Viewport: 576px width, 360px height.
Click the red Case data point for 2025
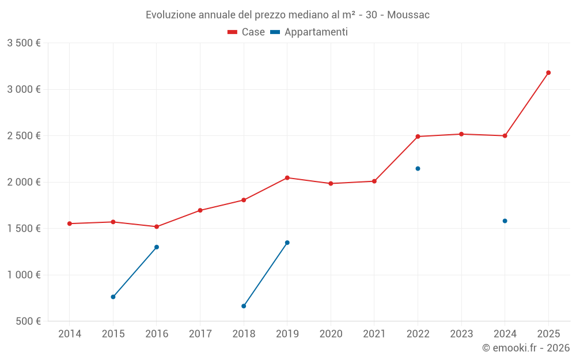[x=548, y=73]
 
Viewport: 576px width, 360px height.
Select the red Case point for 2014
[x=70, y=223]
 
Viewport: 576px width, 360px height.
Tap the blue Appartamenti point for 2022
[x=418, y=169]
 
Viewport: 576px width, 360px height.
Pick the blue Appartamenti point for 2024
[x=505, y=221]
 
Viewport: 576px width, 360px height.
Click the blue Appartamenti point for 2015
[x=113, y=297]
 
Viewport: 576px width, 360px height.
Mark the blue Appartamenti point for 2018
[x=244, y=306]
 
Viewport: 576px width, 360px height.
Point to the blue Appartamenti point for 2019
[x=287, y=242]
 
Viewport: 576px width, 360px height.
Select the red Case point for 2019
[x=287, y=177]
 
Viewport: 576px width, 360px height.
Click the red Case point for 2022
[x=418, y=137]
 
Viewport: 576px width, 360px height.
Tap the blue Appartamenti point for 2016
[x=157, y=247]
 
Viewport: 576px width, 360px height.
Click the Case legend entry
[x=247, y=32]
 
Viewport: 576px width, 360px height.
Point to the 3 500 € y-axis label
[x=24, y=43]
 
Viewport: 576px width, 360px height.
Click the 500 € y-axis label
[x=28, y=321]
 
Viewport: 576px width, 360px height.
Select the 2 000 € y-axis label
[x=24, y=182]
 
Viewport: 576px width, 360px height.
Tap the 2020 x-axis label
[x=331, y=334]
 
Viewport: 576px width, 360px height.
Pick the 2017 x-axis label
[x=200, y=334]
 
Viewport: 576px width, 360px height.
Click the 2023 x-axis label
[x=461, y=334]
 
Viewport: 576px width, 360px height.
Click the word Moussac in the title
[x=408, y=14]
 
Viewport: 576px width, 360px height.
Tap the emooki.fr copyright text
[x=526, y=348]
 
